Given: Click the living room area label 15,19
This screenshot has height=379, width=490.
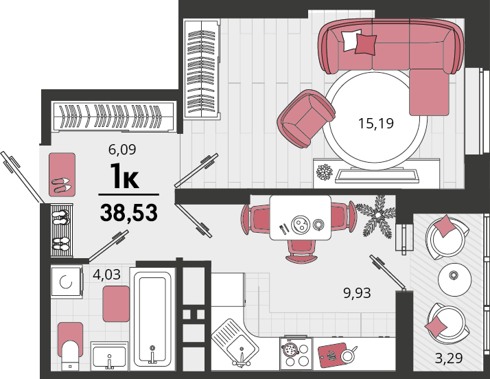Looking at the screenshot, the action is [375, 124].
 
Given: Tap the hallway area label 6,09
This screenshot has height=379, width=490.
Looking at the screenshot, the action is [122, 150].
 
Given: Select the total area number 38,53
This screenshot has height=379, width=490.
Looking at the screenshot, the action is [129, 212].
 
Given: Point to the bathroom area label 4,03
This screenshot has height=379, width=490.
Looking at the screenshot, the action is [106, 275].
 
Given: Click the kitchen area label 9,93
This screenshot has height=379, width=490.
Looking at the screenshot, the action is [357, 293].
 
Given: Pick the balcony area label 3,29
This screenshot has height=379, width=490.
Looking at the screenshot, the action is [449, 358].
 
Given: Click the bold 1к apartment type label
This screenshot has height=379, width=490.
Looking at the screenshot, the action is [124, 179].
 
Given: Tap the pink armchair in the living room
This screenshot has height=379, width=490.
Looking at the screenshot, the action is [306, 118].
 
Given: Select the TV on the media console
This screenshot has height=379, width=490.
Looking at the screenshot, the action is [377, 175].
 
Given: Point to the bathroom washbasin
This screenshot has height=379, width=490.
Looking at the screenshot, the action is [109, 356].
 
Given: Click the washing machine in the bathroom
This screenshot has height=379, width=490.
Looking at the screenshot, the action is [67, 282].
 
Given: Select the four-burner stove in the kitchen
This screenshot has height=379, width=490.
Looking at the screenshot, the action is [296, 353].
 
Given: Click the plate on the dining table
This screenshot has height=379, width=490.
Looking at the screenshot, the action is [300, 225].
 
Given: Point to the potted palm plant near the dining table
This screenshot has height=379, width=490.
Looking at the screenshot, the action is [377, 216].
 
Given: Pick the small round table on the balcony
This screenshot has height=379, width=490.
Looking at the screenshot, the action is [455, 277].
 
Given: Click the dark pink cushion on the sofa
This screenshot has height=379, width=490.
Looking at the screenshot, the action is [366, 44].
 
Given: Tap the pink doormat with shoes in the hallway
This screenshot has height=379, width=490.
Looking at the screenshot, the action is [62, 174].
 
